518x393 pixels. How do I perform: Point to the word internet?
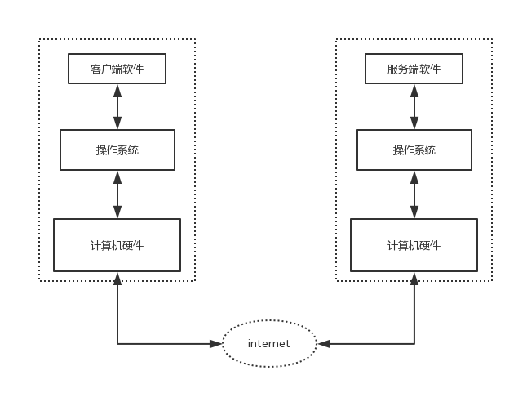coord(269,344)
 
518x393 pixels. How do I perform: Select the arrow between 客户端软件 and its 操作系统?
coord(117,106)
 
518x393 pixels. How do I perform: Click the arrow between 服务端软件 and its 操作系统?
coord(414,106)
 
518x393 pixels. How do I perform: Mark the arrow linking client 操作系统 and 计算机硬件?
coord(117,194)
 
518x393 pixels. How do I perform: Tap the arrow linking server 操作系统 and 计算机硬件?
coord(414,194)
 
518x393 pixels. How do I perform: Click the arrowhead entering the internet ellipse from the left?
coord(216,344)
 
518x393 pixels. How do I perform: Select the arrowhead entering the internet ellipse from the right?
coord(323,344)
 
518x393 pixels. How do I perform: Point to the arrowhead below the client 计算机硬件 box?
coord(117,279)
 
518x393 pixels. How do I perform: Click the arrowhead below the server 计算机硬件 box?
coord(414,279)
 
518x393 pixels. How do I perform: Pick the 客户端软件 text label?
coord(117,69)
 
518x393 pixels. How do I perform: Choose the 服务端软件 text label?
coord(414,69)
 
